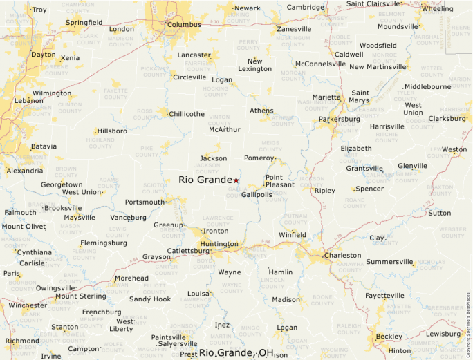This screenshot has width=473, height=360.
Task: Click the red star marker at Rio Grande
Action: click(236, 180)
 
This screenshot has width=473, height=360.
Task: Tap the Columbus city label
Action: click(184, 25)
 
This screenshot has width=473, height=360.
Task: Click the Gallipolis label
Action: click(257, 195)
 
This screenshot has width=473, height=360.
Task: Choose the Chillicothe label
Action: click(187, 114)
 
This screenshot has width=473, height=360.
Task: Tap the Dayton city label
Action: click(44, 54)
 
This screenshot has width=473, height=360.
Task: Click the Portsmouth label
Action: click(145, 202)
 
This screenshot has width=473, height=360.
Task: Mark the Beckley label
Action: click(389, 336)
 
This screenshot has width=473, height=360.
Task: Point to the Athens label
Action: click(261, 111)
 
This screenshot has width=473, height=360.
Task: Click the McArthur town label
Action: click(225, 129)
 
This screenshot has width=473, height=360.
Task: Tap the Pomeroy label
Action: click(259, 158)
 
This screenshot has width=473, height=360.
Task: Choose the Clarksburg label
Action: click(447, 118)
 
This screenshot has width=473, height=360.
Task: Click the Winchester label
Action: click(28, 305)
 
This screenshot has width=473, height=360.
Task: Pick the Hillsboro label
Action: click(112, 131)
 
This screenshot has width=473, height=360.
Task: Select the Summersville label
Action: click(389, 262)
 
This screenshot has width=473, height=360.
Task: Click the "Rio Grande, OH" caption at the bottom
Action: click(236, 352)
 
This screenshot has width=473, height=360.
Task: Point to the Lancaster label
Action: click(194, 55)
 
